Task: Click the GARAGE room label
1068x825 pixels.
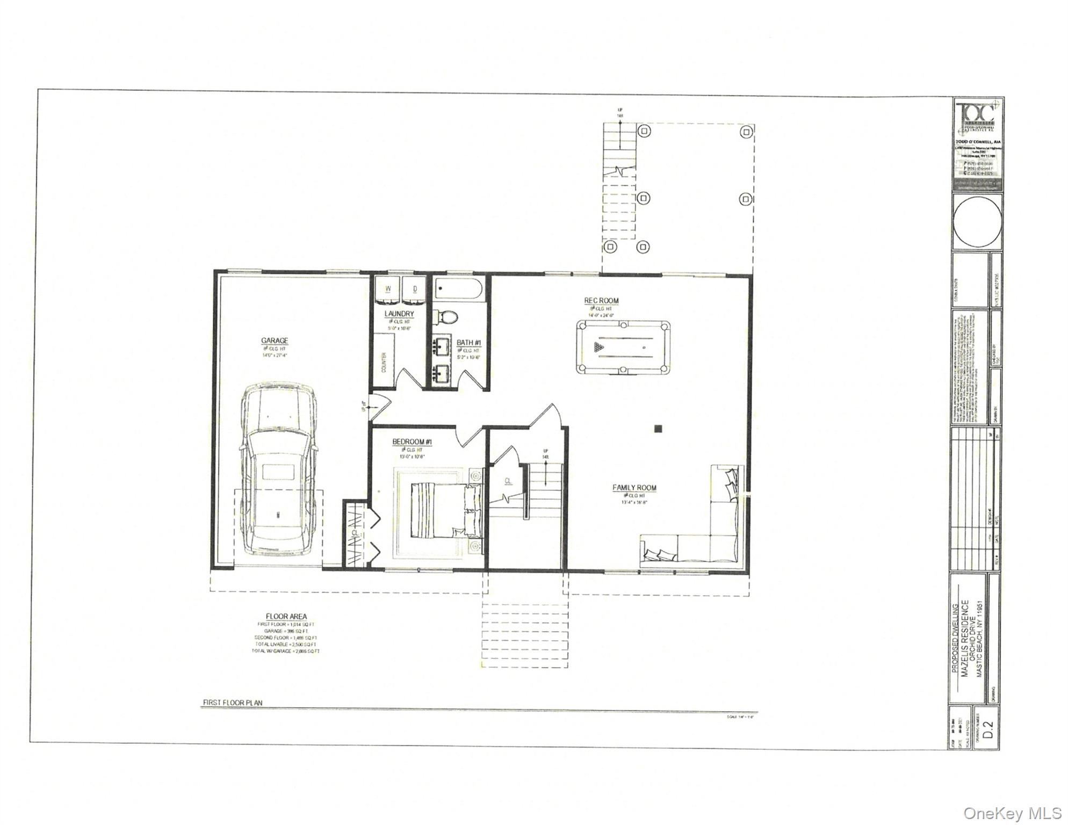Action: pos(275,341)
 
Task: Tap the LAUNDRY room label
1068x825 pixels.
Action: pos(399,314)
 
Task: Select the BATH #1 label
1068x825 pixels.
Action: pos(468,343)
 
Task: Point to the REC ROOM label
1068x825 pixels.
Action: pos(602,301)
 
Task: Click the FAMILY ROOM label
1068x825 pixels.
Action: pos(634,488)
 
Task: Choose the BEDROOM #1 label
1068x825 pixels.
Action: pos(412,442)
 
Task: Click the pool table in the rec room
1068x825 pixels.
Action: pos(623,347)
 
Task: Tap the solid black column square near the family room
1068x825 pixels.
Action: pos(658,428)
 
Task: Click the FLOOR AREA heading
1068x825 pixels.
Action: pos(286,616)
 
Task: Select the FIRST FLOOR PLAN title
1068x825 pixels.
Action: pos(232,703)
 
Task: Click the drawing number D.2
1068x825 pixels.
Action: pos(988,730)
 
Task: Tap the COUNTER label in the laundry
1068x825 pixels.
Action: pos(384,363)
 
